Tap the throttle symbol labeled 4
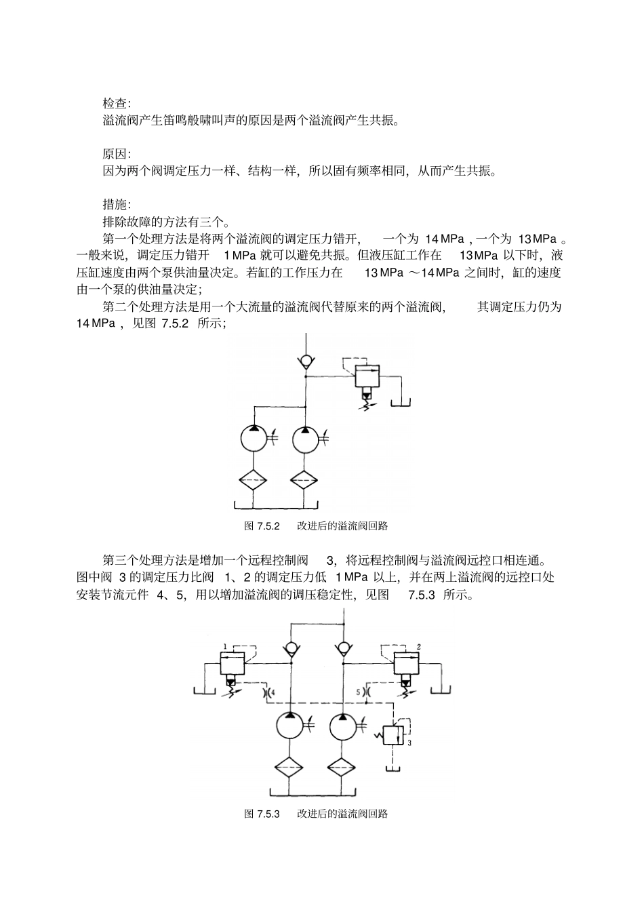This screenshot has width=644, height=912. tap(266, 692)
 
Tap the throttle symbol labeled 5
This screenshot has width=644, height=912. tap(365, 692)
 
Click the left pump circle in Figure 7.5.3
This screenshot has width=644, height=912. tap(290, 726)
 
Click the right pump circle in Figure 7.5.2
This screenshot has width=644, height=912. tap(304, 439)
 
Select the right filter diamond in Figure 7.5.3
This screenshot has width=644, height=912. tap(342, 768)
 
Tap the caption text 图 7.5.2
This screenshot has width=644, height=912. tap(262, 526)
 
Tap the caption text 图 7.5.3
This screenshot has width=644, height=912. tap(262, 814)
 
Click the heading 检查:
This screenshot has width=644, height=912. tap(117, 103)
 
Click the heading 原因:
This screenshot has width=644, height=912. tap(117, 154)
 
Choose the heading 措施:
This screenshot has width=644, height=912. tap(117, 204)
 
